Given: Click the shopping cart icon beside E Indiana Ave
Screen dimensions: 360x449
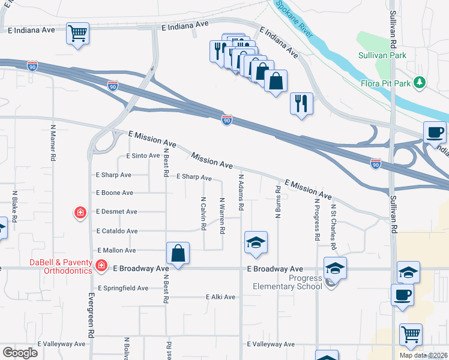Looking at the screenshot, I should pyautogui.click(x=77, y=33).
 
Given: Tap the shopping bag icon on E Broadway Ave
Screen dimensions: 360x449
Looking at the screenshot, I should pyautogui.click(x=178, y=253).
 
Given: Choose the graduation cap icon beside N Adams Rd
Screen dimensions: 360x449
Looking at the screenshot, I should pyautogui.click(x=256, y=243).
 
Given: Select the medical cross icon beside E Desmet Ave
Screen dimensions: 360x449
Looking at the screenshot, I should pyautogui.click(x=79, y=212).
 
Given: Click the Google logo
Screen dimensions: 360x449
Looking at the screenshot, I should pyautogui.click(x=19, y=353).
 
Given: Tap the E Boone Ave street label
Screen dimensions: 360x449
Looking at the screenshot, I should pyautogui.click(x=115, y=193).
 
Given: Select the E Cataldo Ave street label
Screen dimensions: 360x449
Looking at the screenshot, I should pyautogui.click(x=116, y=231).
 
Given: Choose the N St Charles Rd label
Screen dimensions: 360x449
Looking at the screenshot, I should pyautogui.click(x=333, y=226).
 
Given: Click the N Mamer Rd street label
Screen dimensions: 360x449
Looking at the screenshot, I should pyautogui.click(x=53, y=142).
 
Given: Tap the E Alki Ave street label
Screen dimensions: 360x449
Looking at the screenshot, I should pyautogui.click(x=220, y=297).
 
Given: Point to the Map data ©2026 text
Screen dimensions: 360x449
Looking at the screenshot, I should pyautogui.click(x=423, y=355).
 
